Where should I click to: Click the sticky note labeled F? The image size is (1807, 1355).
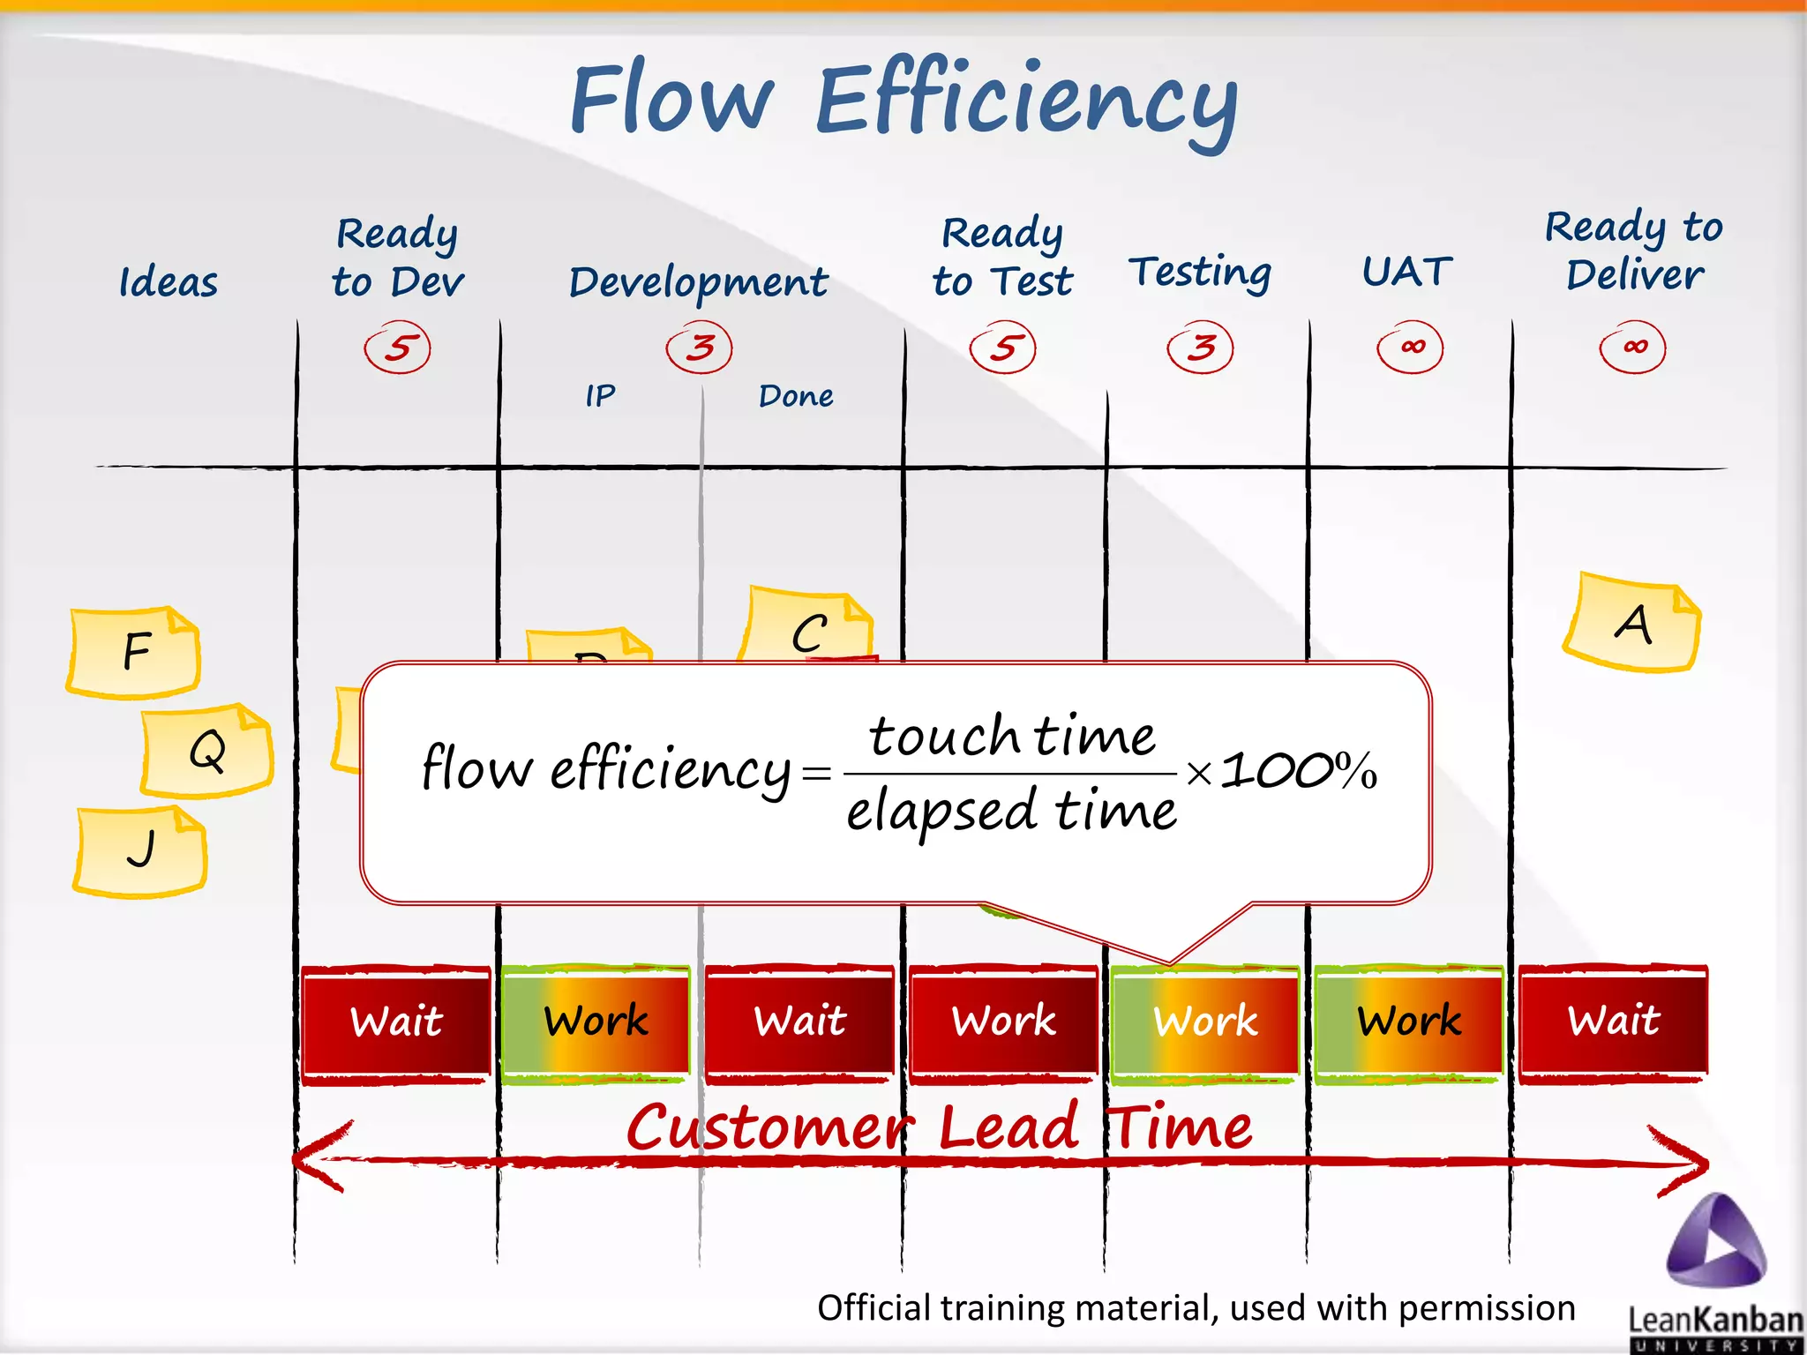coord(134,652)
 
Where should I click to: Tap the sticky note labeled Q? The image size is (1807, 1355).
coord(206,751)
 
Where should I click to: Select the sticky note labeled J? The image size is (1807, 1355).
coord(140,851)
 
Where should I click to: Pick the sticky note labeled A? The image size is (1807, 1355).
coord(1632,624)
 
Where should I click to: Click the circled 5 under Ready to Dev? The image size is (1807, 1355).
coord(398,348)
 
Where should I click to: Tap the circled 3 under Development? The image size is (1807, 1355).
coord(700,348)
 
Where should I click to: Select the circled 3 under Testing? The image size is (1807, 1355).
coord(1200,348)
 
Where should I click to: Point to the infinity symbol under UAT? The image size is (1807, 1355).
coord(1411,347)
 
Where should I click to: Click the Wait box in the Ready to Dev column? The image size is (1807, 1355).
coord(396,1022)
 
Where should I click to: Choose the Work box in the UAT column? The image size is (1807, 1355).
coord(1409,1022)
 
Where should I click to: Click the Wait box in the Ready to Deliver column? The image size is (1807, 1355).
coord(1613,1022)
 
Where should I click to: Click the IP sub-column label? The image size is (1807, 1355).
coord(600,396)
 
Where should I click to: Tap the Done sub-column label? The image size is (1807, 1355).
coord(796,396)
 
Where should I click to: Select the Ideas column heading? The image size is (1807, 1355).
coord(169,283)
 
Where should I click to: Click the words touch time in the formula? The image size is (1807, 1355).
coord(1011,736)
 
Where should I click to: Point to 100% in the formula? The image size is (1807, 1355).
coord(1299,771)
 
